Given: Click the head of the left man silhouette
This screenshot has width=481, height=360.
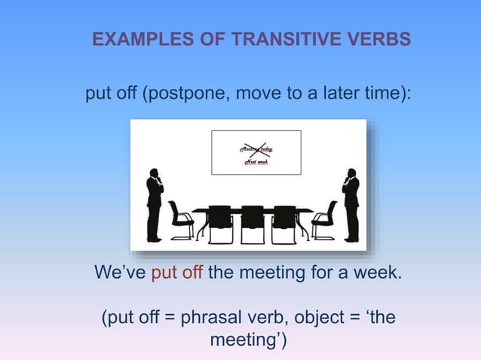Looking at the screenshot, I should click(154, 173).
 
